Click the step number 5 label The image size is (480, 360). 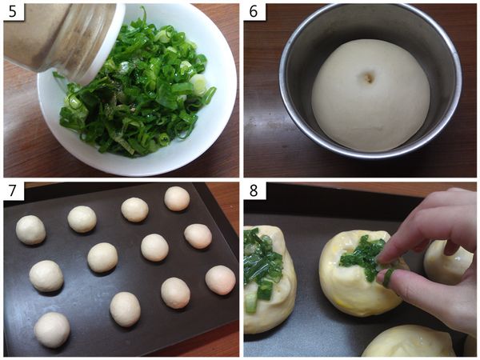pos(13,12)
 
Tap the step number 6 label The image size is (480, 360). pos(253,12)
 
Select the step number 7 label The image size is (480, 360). pos(13,190)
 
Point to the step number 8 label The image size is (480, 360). pos(253,190)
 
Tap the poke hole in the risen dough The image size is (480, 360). pos(369,79)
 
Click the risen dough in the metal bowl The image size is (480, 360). pos(371,95)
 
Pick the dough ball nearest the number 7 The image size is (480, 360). pos(30,230)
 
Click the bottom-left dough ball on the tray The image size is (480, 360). pos(52,330)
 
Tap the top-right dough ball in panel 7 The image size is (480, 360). pos(177,198)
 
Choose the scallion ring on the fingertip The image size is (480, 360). pos(387,277)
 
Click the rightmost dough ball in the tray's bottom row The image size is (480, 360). pos(221,280)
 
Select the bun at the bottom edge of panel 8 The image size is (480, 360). pos(409,341)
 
